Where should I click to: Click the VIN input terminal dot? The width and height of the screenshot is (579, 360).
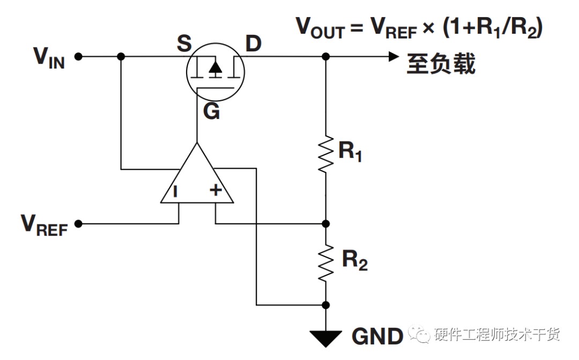pyautogui.click(x=78, y=56)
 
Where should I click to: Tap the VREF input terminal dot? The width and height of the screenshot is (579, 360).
pyautogui.click(x=78, y=223)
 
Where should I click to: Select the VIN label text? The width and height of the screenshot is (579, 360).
pyautogui.click(x=49, y=58)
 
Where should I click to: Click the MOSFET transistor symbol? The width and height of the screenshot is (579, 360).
pyautogui.click(x=216, y=72)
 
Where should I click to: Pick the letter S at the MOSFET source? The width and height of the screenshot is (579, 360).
pyautogui.click(x=184, y=43)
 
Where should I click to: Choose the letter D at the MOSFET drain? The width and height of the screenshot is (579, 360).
pyautogui.click(x=253, y=43)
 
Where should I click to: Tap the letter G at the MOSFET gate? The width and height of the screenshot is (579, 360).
pyautogui.click(x=212, y=111)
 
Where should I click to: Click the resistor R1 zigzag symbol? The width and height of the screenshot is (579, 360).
pyautogui.click(x=326, y=154)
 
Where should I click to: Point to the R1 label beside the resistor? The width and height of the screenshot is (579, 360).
pyautogui.click(x=350, y=151)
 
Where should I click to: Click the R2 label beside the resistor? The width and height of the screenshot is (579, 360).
pyautogui.click(x=354, y=260)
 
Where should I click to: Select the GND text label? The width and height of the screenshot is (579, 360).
pyautogui.click(x=377, y=336)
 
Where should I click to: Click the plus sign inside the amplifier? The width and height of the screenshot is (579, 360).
pyautogui.click(x=216, y=190)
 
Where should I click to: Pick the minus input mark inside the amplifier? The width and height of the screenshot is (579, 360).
pyautogui.click(x=175, y=191)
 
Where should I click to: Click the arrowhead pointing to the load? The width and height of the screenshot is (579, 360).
pyautogui.click(x=394, y=56)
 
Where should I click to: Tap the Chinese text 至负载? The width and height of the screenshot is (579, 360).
pyautogui.click(x=441, y=63)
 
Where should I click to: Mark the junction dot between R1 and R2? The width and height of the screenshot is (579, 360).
pyautogui.click(x=326, y=223)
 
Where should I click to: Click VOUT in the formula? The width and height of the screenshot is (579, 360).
pyautogui.click(x=320, y=28)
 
